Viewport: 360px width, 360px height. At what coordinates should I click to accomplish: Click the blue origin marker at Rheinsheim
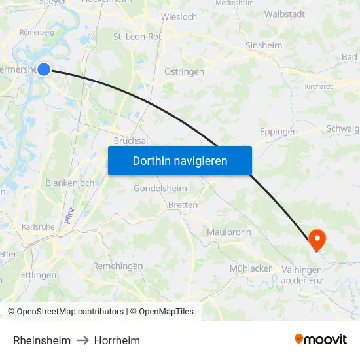[44, 69]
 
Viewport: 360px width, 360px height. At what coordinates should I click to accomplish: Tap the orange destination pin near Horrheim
[317, 239]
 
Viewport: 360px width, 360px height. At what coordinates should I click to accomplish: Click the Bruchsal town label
[130, 141]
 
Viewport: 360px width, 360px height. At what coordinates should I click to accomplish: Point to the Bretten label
[183, 205]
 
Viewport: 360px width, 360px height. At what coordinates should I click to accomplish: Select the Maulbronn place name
[228, 232]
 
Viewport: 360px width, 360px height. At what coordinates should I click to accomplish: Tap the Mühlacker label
[251, 268]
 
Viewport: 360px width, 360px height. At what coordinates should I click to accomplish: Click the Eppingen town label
[278, 132]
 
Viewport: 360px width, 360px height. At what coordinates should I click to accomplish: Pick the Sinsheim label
[263, 46]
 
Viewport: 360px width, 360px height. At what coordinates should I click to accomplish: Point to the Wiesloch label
[179, 17]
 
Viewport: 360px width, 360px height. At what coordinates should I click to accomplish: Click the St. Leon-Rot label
[137, 37]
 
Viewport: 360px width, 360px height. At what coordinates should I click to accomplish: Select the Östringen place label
[184, 71]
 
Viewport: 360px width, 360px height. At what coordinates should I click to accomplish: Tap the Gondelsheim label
[160, 189]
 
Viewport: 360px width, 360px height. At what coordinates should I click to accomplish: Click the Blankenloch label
[69, 183]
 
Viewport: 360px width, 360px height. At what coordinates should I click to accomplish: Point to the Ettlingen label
[39, 275]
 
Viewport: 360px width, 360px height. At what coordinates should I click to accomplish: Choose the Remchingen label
[118, 266]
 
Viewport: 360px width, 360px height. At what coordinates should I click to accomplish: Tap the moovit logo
[320, 339]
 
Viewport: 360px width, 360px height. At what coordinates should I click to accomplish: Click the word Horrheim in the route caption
[117, 340]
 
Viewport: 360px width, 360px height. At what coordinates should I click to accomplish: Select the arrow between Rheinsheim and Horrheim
[82, 340]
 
